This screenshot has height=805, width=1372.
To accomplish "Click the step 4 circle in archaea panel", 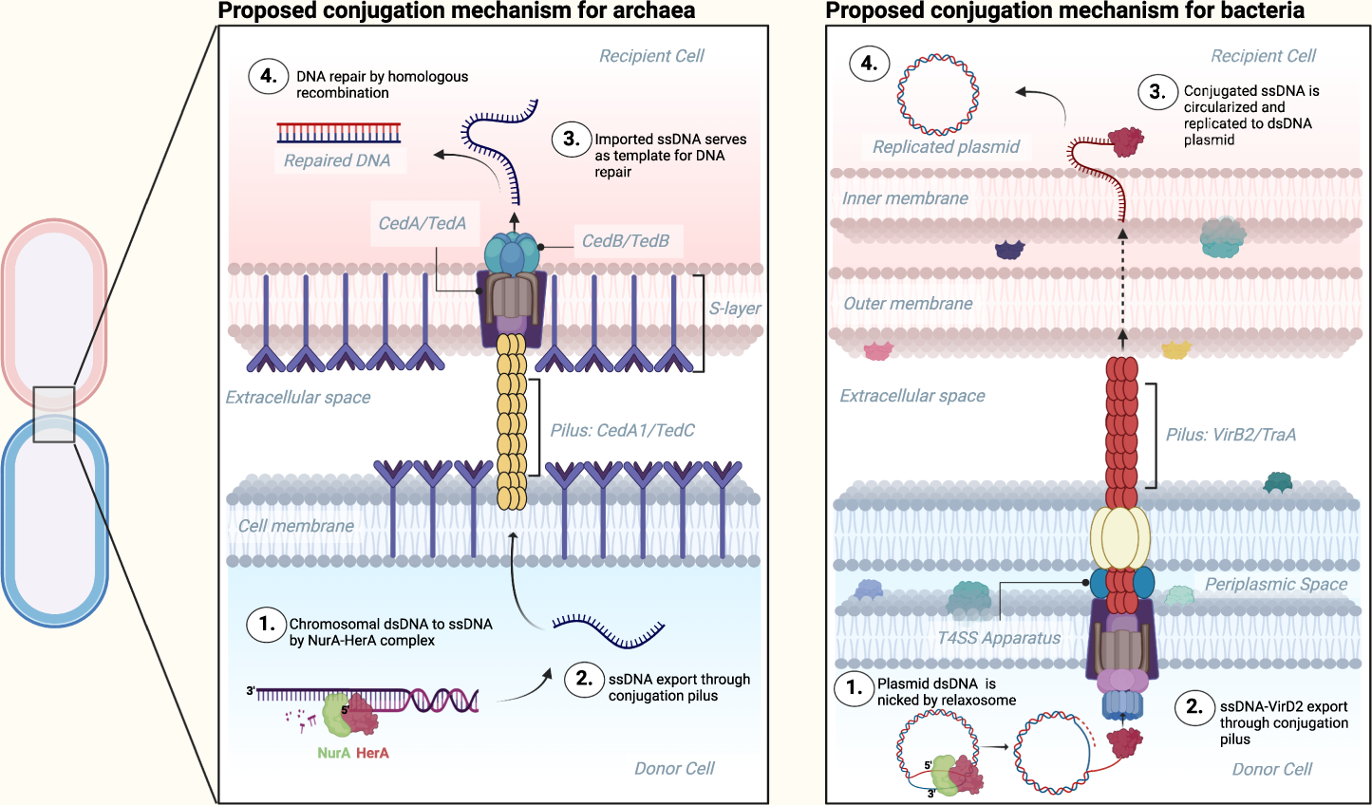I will pos(269,76).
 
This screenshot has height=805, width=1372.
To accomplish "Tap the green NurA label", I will pos(334,753).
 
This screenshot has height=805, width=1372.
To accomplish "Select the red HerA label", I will pos(373,753).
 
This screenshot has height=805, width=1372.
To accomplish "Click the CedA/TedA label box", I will pos(423,224).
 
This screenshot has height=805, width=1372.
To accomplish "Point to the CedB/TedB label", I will pos(626,241).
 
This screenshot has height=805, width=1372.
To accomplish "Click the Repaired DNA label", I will pos(337,160).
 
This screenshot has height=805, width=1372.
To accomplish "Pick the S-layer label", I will pos(735,309).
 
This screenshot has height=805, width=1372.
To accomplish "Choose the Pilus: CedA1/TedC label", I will pos(623,430).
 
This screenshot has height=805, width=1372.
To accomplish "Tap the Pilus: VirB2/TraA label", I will pos(1231,435).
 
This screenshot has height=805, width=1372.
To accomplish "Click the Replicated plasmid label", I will pos(946,146).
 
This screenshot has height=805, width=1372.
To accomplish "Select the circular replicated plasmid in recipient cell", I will pos(938,94).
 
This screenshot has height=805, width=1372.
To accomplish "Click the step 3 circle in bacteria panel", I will pos(1157,92).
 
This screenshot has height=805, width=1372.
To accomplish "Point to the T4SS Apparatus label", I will pos(999,638).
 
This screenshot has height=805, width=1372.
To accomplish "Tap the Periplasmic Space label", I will pos(1276,584).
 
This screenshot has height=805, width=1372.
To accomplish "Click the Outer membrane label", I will pos(908,304).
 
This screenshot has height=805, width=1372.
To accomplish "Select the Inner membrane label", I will pos(905,198).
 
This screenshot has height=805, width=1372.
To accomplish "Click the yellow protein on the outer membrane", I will pos(1175,349).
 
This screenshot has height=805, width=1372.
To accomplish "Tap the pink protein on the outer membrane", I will pos(878,350).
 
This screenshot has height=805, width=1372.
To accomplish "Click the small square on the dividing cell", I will pos(54,414).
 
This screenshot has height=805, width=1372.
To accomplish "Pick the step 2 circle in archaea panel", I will pos(584,679).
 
